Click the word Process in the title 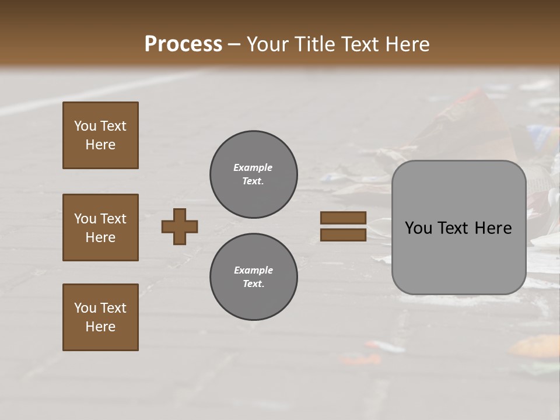pos(183,44)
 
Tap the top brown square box pos(100,135)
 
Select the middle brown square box pos(100,228)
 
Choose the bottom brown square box pos(100,317)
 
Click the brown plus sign pos(180,226)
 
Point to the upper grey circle pos(253,174)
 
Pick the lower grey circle pos(253,276)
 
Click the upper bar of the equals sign pos(343,218)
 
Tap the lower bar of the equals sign pos(343,235)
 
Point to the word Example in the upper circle pos(253,167)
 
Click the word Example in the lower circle pos(253,270)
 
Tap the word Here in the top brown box pos(100,145)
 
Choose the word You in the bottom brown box pos(85,308)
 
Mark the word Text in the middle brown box pos(113,219)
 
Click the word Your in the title pos(267,44)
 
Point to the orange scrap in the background pos(534,346)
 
